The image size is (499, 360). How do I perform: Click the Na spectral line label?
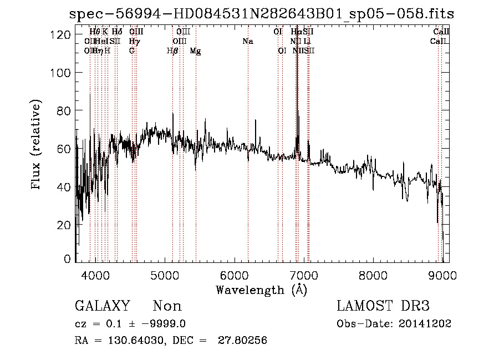pos(248,41)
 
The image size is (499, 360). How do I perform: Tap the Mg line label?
pos(195,50)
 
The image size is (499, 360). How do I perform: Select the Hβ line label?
pos(172,50)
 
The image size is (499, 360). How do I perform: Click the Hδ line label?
pos(116,32)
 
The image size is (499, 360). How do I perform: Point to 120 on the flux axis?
pos(62,35)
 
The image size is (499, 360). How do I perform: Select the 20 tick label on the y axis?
pos(64,225)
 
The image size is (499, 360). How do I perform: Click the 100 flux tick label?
pos(62,73)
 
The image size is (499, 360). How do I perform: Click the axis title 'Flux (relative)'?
pos(37,146)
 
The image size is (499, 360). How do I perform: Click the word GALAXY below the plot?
pos(102,306)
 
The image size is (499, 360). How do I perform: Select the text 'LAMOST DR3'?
pos(383,306)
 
